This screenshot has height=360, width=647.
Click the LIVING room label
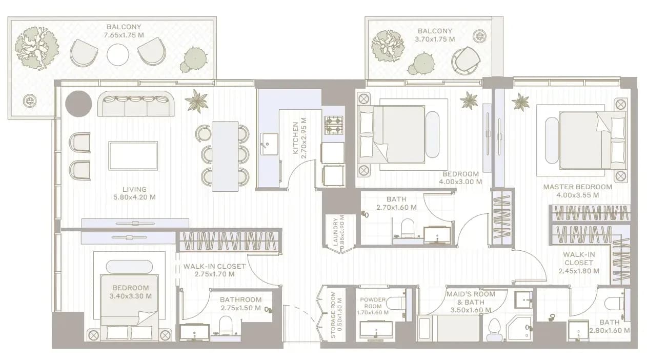pos(135,190)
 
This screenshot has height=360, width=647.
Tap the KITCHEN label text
pos(295,138)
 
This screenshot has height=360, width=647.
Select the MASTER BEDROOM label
pos(577,187)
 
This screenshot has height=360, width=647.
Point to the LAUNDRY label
pos(335,232)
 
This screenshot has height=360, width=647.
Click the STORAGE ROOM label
pos(333,315)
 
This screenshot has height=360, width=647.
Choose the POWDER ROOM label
pos(373,303)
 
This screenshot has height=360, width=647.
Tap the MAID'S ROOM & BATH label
pos(471,298)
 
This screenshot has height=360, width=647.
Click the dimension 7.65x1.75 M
pos(124,35)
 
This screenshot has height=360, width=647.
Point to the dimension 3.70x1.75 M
pos(435,39)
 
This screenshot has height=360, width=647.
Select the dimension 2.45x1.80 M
pos(578,271)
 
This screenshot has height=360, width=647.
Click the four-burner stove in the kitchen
pos(334,125)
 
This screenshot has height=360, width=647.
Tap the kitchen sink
pos(269,144)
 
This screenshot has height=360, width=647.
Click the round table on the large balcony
pos(118,54)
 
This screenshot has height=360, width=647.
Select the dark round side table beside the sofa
pos(78,104)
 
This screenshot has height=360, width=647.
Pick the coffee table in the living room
pos(133,156)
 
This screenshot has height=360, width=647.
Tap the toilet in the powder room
pos(396,304)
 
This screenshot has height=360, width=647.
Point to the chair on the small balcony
pos(466,61)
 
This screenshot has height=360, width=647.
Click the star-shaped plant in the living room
pos(196,101)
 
